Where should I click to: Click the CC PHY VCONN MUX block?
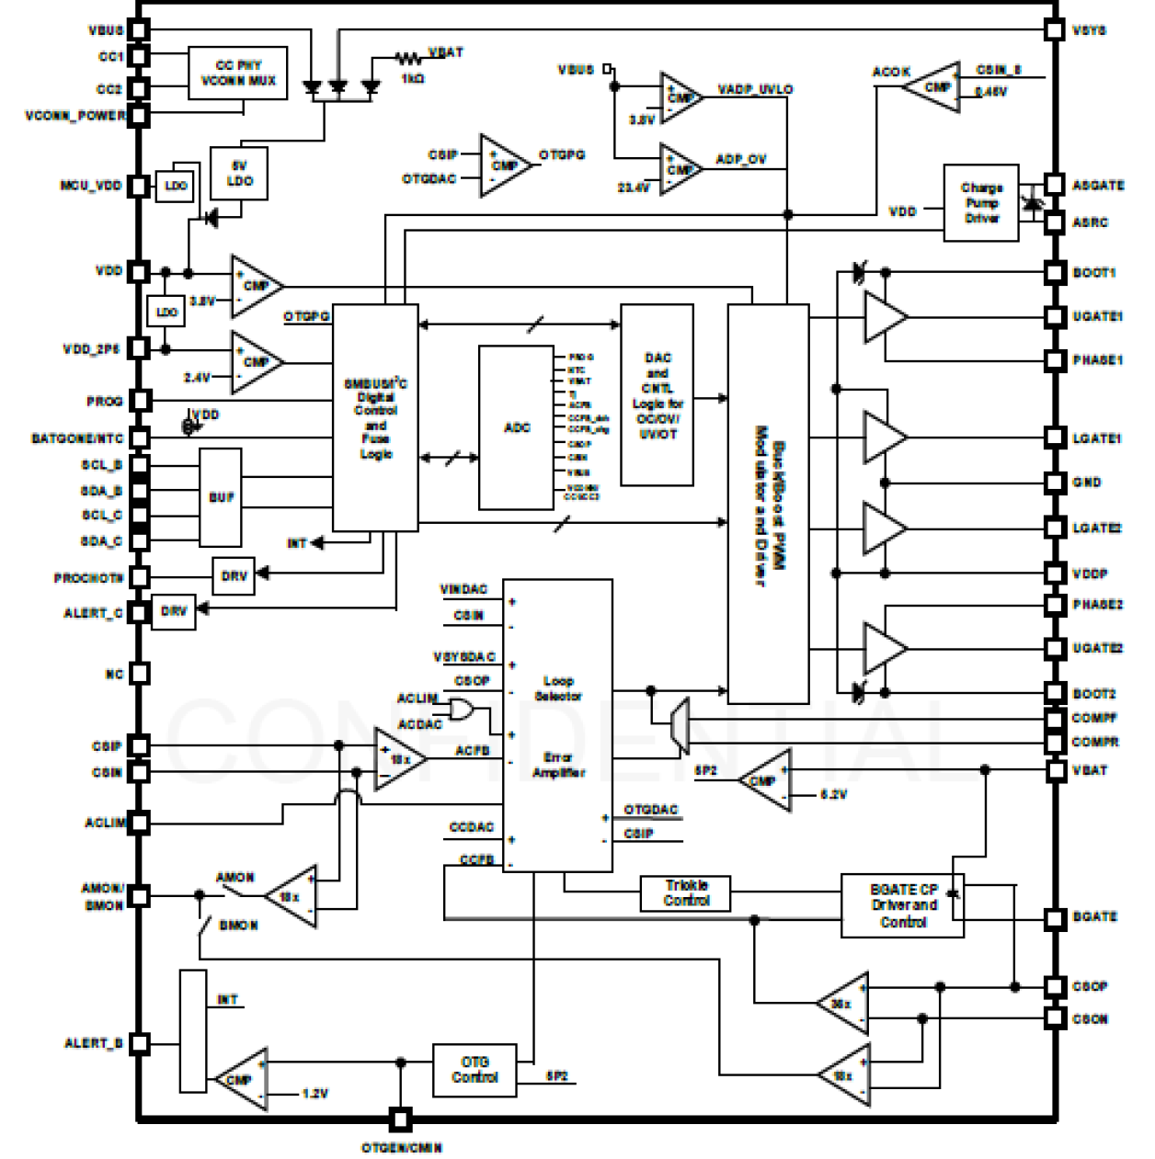pos(237,74)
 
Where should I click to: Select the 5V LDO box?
pos(239,174)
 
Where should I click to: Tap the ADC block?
pos(517,427)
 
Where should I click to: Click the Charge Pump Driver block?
pos(981,203)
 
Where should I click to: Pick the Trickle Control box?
pos(686,892)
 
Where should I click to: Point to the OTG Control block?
pos(475,1070)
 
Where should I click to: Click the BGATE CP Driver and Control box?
pos(902,905)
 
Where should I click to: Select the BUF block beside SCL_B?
pos(221,497)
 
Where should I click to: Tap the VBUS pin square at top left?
pos(138,30)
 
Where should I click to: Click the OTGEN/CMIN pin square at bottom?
pos(400,1119)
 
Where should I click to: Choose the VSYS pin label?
pos(1090,30)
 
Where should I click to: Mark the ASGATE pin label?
pos(1098,186)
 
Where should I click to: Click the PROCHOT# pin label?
pos(88,578)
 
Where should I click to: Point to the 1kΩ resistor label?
pos(413,79)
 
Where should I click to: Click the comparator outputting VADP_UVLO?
pos(680,97)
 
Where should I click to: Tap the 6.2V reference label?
pos(833,794)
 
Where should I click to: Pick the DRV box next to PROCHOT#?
pos(234,576)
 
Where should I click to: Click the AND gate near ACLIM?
pos(461,710)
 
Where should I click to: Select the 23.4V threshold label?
pos(633,187)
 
